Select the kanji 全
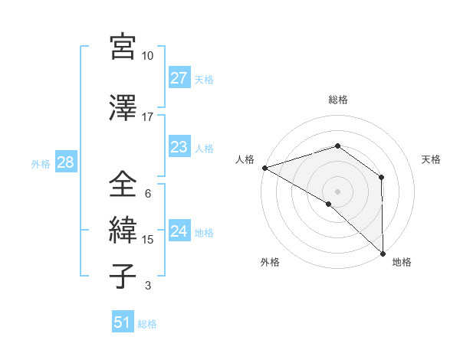pyautogui.click(x=123, y=184)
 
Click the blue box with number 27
pyautogui.click(x=179, y=79)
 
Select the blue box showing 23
pyautogui.click(x=179, y=147)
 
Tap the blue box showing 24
pyautogui.click(x=179, y=232)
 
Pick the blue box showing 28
pyautogui.click(x=65, y=162)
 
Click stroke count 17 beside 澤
pyautogui.click(x=148, y=117)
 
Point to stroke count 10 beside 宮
pyautogui.click(x=148, y=56)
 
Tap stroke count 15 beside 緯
pyautogui.click(x=148, y=240)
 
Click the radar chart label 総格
pyautogui.click(x=338, y=100)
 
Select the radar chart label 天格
pyautogui.click(x=431, y=159)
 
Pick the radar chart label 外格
pyautogui.click(x=270, y=262)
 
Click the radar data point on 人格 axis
pyautogui.click(x=264, y=167)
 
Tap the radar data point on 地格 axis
pyautogui.click(x=383, y=252)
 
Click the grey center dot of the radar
pyautogui.click(x=338, y=191)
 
